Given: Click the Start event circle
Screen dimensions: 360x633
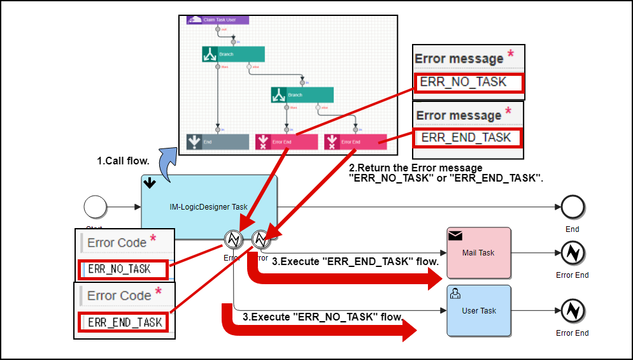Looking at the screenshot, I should tap(96, 207).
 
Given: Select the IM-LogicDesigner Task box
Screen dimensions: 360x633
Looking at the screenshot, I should tap(209, 207).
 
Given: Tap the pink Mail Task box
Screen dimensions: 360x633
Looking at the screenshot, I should tap(479, 253).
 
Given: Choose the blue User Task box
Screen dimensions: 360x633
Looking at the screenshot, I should tap(479, 311).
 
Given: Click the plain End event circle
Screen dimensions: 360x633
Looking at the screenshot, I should tap(573, 207).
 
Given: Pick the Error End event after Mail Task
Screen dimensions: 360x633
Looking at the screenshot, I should tap(573, 253).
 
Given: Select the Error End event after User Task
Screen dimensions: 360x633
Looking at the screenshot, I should tap(573, 311).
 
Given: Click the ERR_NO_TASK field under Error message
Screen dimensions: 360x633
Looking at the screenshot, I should tap(469, 82).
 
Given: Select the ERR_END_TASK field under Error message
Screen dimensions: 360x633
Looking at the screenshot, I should tap(469, 138).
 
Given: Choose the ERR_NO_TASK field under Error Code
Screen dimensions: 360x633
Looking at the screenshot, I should tap(123, 270).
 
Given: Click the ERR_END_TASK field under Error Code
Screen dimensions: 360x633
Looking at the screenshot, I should tap(124, 322).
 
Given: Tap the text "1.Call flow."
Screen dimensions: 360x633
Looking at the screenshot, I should tap(123, 161).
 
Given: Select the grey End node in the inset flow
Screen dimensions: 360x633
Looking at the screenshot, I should tap(218, 142).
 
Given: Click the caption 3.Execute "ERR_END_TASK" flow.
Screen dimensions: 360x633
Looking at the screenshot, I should tap(355, 261).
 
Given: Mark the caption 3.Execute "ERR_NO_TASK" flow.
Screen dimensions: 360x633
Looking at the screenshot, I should tap(322, 317).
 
